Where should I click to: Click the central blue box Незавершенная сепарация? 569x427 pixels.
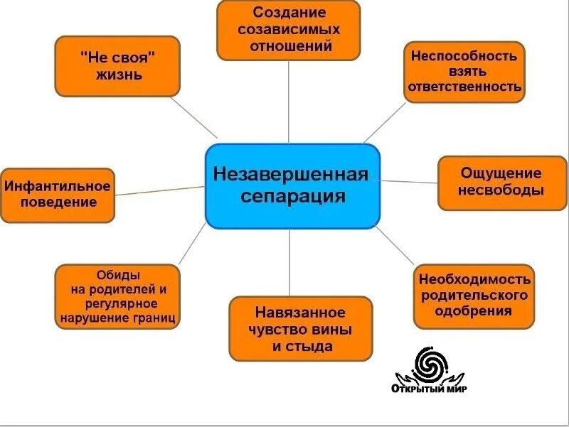click(x=292, y=185)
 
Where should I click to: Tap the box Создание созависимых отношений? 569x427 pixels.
click(x=288, y=31)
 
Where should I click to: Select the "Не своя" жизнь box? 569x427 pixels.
click(x=117, y=65)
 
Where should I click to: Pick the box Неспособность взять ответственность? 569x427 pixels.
click(x=464, y=72)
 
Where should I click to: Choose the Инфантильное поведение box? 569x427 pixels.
click(x=58, y=195)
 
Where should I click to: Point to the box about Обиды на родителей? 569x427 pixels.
click(x=117, y=296)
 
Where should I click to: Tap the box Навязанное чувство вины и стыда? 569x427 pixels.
click(x=300, y=329)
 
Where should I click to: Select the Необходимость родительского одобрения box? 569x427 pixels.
click(x=474, y=295)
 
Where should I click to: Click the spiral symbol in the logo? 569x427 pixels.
click(x=429, y=364)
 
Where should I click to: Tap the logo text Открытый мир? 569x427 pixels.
click(x=429, y=389)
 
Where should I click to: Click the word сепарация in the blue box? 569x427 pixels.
click(x=292, y=197)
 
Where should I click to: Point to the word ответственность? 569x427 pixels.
click(x=465, y=88)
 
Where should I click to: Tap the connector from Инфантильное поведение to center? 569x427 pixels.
click(x=160, y=190)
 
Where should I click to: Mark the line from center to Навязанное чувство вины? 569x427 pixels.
click(x=289, y=263)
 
